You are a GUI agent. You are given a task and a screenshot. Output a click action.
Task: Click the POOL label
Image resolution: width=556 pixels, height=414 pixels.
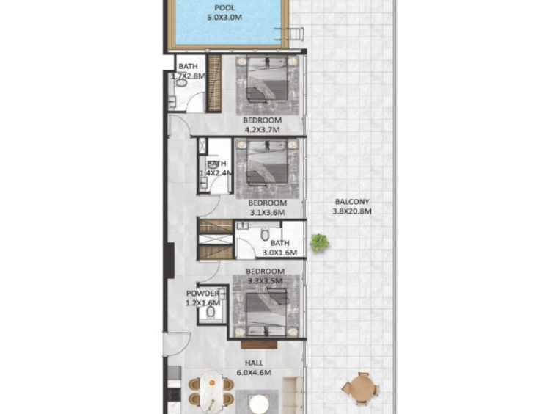point(224,7)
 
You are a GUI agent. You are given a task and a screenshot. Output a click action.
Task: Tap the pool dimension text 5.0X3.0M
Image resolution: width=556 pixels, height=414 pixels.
point(224,17)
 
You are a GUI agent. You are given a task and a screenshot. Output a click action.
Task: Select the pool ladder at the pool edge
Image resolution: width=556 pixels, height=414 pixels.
point(293,33)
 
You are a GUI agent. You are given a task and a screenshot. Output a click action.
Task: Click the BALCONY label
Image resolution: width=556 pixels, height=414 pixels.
point(352,202)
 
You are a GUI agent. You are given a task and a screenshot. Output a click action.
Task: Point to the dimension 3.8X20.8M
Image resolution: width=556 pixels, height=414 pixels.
point(352,211)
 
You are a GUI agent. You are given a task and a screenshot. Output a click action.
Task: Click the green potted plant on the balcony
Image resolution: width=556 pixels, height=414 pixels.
point(319,243)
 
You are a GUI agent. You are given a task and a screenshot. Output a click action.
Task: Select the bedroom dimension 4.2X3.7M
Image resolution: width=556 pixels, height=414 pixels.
point(263,130)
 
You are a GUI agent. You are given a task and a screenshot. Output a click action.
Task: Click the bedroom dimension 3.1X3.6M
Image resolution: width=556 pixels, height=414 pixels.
point(268,213)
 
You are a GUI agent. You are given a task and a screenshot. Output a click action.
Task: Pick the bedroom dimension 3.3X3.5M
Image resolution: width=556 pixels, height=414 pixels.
point(266,281)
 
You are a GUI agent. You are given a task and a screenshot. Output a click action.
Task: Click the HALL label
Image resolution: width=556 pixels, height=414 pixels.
point(255,363)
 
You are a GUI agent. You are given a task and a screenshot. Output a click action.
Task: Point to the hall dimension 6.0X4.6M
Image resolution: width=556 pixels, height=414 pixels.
point(255,372)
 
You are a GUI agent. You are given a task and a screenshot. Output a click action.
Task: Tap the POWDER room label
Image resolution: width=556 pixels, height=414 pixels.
point(203,294)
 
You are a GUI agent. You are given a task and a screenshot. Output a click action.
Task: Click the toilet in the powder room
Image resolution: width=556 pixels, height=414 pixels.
point(211,312)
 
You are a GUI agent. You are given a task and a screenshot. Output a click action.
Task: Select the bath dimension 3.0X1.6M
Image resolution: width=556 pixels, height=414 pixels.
point(279,253)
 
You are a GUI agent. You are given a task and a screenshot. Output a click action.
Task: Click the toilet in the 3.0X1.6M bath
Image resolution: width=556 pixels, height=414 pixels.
point(266,234)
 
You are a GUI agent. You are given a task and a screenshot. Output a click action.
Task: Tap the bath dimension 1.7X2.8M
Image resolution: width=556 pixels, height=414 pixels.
point(189,76)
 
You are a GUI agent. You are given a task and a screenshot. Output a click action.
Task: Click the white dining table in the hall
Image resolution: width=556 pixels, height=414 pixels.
point(212,392)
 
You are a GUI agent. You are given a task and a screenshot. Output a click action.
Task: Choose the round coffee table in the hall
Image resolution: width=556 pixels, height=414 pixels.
point(259,404)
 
